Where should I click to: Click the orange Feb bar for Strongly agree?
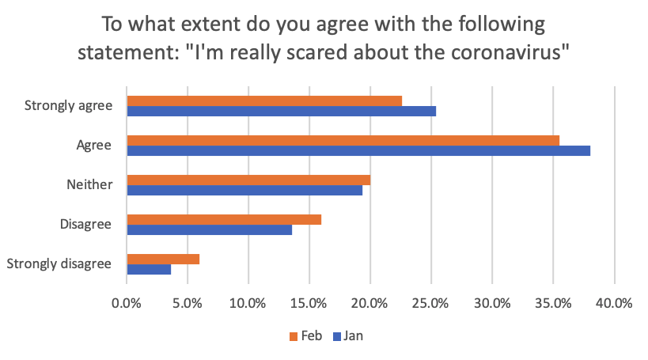(x=264, y=100)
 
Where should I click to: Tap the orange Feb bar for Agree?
(x=343, y=140)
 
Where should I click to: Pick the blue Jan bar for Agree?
(x=358, y=150)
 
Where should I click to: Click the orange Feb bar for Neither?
(x=248, y=180)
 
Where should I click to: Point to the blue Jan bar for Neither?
(x=244, y=190)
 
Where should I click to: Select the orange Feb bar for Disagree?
(x=224, y=219)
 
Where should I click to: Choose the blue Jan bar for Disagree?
(x=209, y=229)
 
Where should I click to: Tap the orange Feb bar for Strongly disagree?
(x=163, y=259)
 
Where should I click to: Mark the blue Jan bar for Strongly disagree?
(x=149, y=269)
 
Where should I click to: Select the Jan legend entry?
(x=348, y=335)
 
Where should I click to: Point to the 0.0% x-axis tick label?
(x=127, y=303)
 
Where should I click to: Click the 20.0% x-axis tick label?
(x=370, y=303)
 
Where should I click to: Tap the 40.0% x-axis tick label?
(x=614, y=303)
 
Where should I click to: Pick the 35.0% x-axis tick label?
(x=553, y=303)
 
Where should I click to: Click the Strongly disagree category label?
(x=59, y=264)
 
